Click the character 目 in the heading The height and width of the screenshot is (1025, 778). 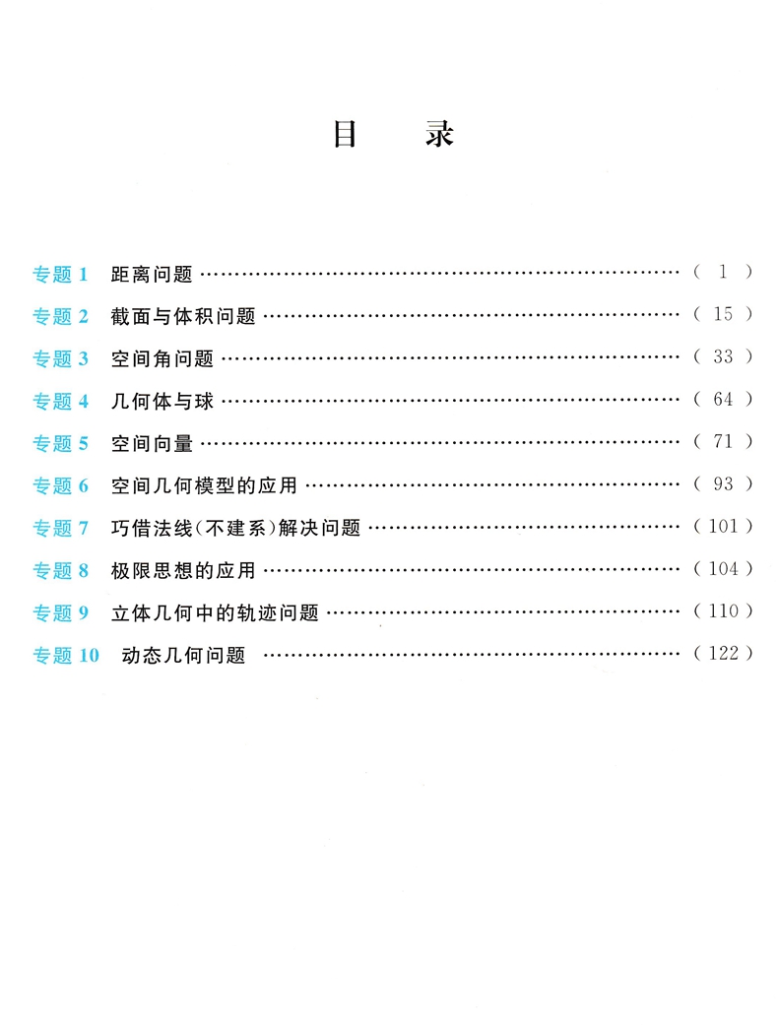point(345,134)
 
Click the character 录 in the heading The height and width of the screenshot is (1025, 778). point(439,134)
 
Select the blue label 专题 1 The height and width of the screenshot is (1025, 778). point(61,274)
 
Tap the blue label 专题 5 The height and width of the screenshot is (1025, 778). point(61,443)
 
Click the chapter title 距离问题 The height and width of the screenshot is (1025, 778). point(152,274)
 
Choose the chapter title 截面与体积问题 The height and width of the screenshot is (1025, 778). point(183,316)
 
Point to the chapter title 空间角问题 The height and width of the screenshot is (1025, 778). point(162,358)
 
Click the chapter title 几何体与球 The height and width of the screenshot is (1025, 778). point(162,401)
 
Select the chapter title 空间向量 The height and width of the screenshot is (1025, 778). point(152,443)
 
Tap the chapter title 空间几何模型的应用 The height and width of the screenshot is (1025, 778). point(205,485)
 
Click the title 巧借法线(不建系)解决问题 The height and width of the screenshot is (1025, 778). point(236,528)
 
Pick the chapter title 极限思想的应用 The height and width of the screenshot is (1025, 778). point(183,570)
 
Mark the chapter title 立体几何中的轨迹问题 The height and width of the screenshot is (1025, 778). point(215,612)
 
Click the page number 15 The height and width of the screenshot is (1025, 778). point(724,315)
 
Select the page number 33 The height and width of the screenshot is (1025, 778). point(724,357)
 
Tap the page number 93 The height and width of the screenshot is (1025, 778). point(724,484)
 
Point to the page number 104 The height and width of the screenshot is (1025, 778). point(724,569)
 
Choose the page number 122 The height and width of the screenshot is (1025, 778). point(724,654)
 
